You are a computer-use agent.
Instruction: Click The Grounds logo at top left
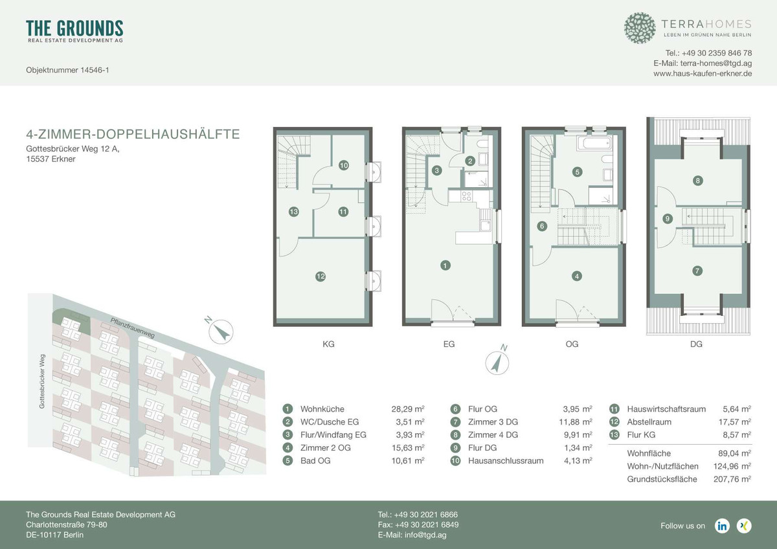pyautogui.click(x=74, y=31)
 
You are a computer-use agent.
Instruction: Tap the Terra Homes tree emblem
pyautogui.click(x=640, y=28)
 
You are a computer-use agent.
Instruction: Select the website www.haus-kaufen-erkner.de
pyautogui.click(x=703, y=74)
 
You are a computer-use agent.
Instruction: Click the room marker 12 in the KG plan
pyautogui.click(x=320, y=276)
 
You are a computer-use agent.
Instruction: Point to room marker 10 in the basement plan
pyautogui.click(x=343, y=166)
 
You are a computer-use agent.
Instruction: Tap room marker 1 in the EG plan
pyautogui.click(x=445, y=264)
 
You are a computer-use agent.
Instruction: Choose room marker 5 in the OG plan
pyautogui.click(x=576, y=172)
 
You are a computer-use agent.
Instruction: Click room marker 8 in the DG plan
pyautogui.click(x=697, y=181)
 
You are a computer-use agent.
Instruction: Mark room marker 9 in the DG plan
pyautogui.click(x=667, y=219)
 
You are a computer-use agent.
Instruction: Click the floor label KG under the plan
pyautogui.click(x=328, y=344)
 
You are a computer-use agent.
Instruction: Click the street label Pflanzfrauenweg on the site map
pyautogui.click(x=132, y=328)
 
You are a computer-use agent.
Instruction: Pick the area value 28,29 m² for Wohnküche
pyautogui.click(x=409, y=409)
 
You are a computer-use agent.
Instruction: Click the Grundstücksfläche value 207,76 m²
pyautogui.click(x=729, y=479)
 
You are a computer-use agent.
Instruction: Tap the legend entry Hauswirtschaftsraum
pyautogui.click(x=667, y=409)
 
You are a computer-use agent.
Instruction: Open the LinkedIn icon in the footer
pyautogui.click(x=722, y=526)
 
